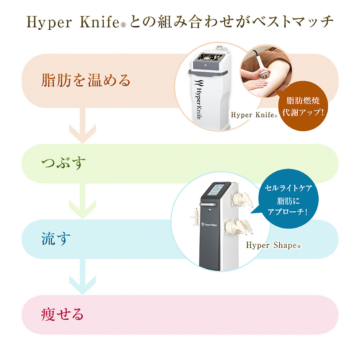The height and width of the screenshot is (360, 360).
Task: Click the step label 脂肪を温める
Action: (x=86, y=80)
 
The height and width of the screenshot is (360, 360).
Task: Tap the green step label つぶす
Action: (x=64, y=163)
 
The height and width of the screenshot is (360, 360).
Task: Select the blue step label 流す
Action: (x=54, y=239)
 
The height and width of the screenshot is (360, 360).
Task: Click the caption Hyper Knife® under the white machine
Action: (x=254, y=115)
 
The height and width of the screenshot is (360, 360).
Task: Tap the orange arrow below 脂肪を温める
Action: (x=82, y=126)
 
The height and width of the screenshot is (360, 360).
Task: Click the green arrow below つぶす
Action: (x=82, y=202)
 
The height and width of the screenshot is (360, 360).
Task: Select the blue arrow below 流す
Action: (x=82, y=277)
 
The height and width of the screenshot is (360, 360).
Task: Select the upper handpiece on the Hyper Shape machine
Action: (x=245, y=199)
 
